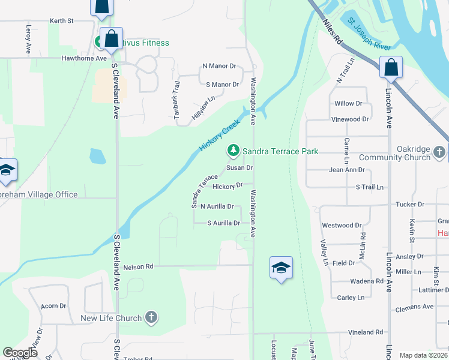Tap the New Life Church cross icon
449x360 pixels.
[151, 317]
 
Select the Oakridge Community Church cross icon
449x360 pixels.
[440, 152]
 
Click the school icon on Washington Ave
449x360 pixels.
[281, 268]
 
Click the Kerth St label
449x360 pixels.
[62, 20]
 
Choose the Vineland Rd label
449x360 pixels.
[366, 332]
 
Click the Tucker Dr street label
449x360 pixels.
[410, 204]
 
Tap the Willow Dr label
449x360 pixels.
[348, 104]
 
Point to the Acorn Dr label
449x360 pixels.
[53, 306]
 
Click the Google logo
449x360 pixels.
[20, 353]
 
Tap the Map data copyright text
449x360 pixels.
[423, 355]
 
